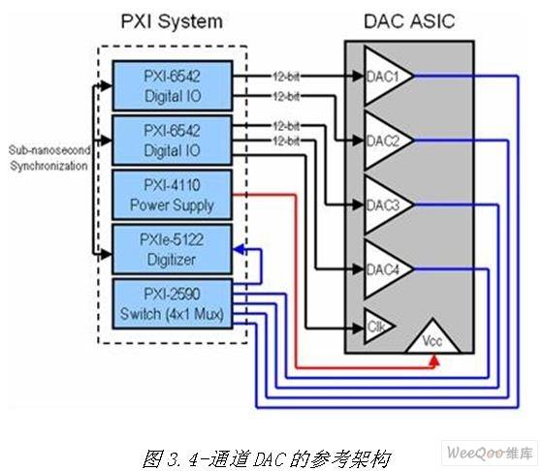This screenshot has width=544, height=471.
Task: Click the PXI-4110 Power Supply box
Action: point(173,195)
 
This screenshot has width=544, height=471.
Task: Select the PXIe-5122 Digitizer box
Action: point(173,249)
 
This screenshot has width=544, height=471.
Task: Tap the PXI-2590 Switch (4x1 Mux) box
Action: point(173,304)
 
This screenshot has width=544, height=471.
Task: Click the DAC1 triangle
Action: point(389,76)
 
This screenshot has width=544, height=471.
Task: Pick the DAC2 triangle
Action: point(389,141)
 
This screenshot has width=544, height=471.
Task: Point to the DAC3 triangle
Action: point(389,205)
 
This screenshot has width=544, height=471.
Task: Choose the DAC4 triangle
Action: point(389,269)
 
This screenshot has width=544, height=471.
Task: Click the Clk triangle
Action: point(377,327)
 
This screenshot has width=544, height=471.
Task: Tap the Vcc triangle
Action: point(433,338)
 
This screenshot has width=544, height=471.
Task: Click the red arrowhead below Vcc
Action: point(434,360)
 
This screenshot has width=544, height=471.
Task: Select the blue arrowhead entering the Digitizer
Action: point(240,249)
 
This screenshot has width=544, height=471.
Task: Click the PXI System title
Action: point(172,22)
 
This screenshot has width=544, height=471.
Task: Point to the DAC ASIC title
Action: point(409,21)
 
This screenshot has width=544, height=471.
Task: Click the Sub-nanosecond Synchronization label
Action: point(48,158)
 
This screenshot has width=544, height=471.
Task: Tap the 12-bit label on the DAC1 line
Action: point(286,77)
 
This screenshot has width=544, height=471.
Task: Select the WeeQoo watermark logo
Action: point(490,453)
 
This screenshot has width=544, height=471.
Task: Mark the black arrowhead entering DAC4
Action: point(358,268)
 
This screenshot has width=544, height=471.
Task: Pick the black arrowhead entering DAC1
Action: point(358,76)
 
